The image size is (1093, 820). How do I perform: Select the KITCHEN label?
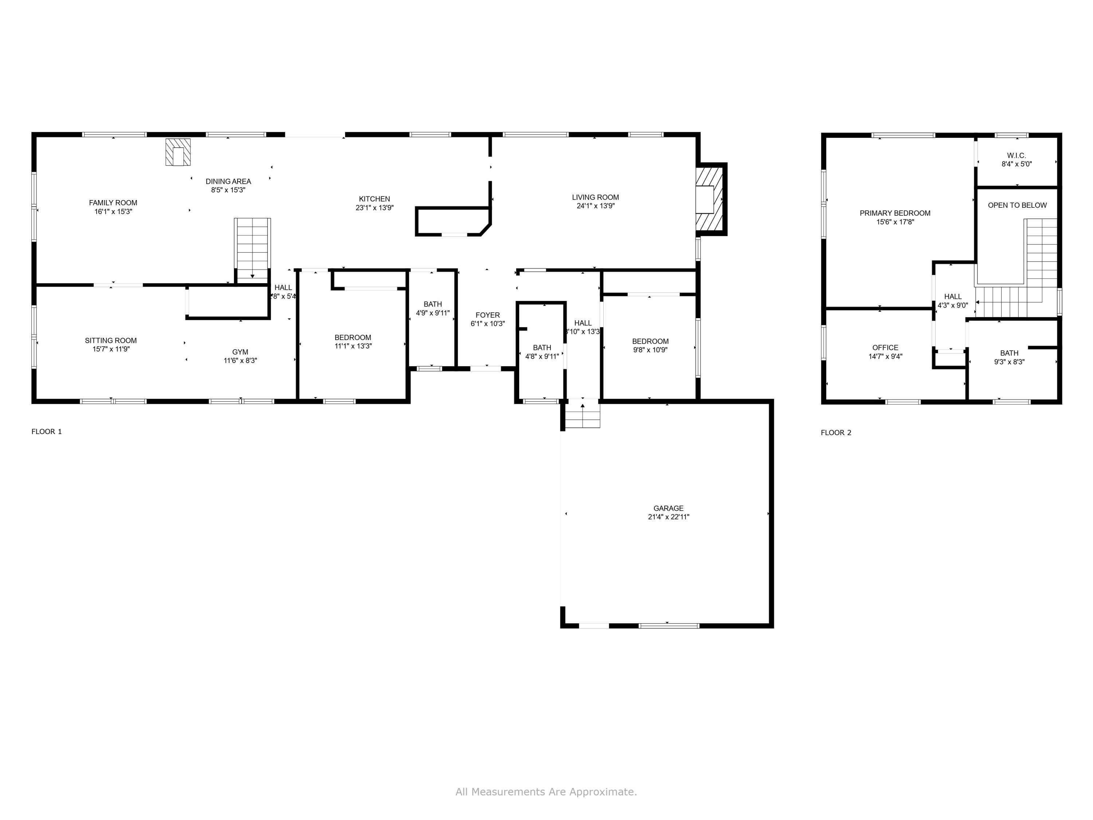374,199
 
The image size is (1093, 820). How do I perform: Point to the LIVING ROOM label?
595,197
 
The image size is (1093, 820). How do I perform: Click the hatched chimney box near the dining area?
177,152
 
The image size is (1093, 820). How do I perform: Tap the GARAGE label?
668,508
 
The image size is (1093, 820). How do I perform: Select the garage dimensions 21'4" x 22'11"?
668,517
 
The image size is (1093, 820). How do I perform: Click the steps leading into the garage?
582,415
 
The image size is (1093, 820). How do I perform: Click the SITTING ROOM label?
111,340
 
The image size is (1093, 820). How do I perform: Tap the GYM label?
240,352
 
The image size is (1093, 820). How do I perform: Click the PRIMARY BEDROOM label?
894,213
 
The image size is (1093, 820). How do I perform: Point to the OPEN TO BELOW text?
1017,205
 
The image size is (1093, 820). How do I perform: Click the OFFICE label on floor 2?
885,347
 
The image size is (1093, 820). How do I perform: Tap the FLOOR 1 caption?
46,432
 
